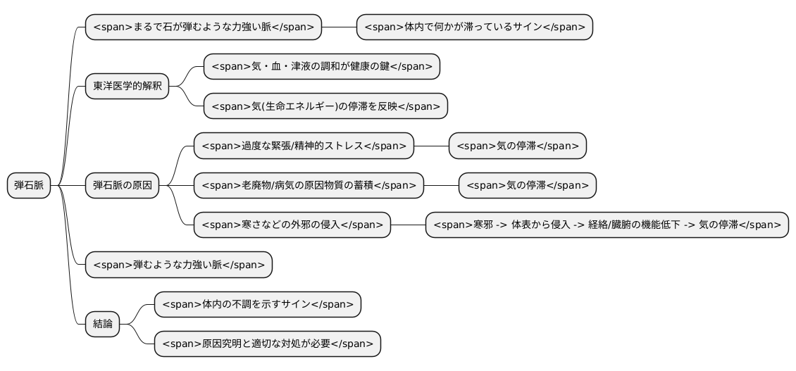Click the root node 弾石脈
pos(29,185)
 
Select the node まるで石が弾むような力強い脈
pos(204,27)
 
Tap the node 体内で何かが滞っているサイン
pos(475,27)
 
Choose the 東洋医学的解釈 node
pos(127,87)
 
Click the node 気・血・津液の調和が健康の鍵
pos(322,66)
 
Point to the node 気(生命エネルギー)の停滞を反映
pos(325,106)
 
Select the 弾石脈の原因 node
pos(123,185)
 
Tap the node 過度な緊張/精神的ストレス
pos(304,146)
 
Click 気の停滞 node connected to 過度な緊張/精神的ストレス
pos(517,146)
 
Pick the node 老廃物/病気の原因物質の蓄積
pos(309,185)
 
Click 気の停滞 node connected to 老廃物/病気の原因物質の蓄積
pos(528,185)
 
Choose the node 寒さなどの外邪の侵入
pos(292,225)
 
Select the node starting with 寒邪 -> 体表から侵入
pos(607,225)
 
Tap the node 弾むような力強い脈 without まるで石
pos(179,265)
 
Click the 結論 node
pos(103,324)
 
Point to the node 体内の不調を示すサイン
pos(258,305)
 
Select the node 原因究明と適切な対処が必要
pos(268,344)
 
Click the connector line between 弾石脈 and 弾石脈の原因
pos(68,185)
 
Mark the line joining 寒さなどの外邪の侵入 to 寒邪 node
pos(408,225)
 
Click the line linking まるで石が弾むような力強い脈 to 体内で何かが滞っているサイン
pos(339,27)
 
